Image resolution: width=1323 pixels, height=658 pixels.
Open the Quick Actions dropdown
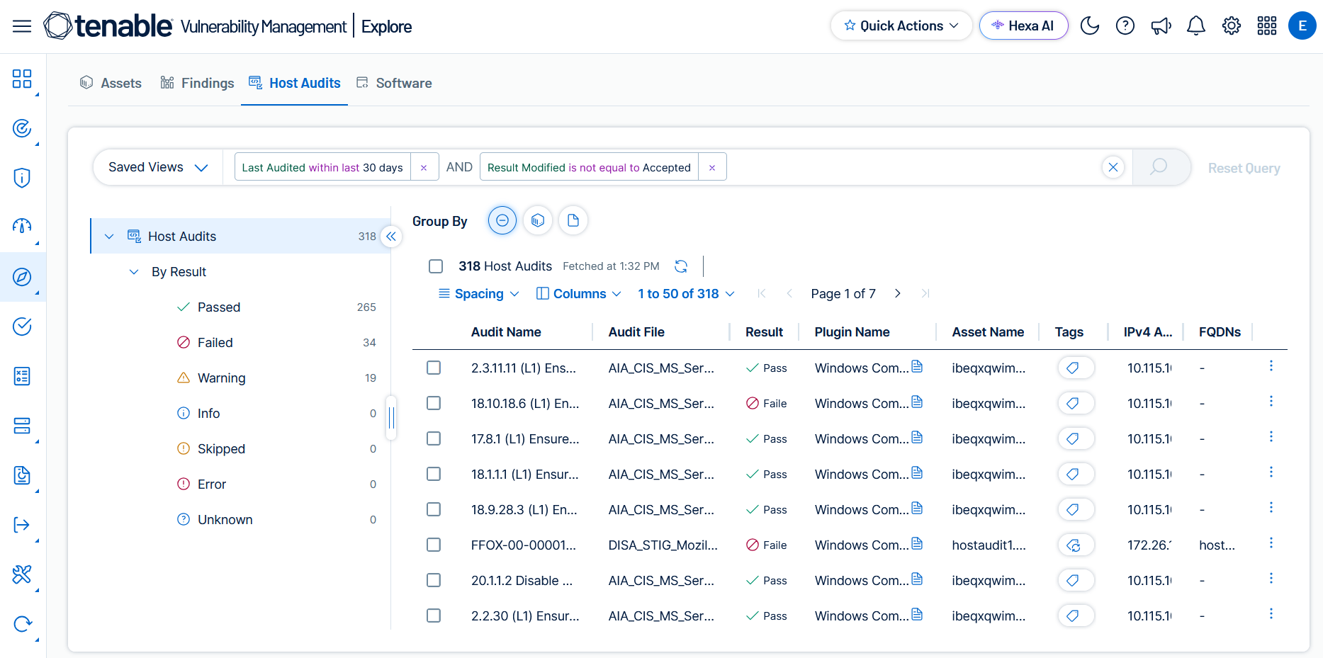click(901, 26)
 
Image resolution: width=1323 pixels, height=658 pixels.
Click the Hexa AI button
click(1023, 26)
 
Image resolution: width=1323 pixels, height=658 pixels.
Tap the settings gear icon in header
click(1232, 26)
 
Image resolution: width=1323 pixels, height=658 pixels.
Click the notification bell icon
click(1196, 26)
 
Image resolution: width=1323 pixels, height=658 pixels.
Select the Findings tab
click(197, 83)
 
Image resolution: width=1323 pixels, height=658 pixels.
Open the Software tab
click(394, 83)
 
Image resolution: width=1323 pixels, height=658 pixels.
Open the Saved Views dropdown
click(158, 167)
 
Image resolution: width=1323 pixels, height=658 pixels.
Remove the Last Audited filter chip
click(424, 168)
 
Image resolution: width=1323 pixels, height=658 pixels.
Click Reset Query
click(1244, 168)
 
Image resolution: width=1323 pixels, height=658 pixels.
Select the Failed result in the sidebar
click(215, 343)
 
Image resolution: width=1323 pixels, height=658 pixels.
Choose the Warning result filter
click(221, 378)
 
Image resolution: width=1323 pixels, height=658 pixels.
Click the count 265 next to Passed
click(366, 307)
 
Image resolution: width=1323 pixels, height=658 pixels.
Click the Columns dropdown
click(579, 294)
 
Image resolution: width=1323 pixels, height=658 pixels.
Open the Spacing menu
click(479, 294)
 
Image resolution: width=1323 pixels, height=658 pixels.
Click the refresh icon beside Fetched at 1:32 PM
click(681, 266)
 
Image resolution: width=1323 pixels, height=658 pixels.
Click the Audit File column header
click(636, 332)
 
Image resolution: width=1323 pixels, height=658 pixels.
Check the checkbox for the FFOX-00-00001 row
click(434, 545)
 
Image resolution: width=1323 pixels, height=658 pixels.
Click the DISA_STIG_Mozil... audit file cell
click(663, 545)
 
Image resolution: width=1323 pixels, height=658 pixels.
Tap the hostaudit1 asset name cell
click(989, 545)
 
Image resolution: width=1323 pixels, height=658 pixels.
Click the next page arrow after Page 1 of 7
click(898, 293)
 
